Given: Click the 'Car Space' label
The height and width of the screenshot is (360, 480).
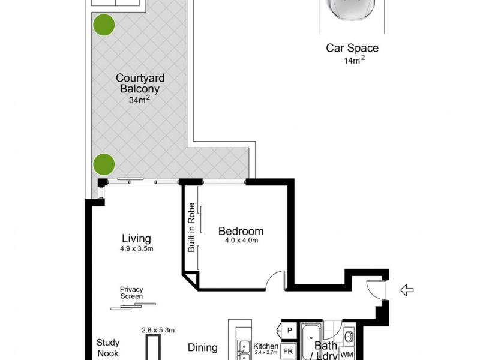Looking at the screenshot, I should (352, 49).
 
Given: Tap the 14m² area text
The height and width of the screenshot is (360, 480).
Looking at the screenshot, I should (352, 60).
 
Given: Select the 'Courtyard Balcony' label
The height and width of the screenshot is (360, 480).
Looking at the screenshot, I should (140, 83).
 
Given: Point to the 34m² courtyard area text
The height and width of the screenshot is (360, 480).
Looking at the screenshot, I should (140, 100).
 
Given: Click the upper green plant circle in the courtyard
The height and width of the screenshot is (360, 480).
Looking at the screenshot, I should (103, 25).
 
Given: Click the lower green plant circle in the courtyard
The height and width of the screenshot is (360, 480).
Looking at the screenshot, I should (103, 163).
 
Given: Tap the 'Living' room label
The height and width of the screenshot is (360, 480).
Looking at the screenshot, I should (136, 238).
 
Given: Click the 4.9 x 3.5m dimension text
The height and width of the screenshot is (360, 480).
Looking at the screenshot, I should (136, 249).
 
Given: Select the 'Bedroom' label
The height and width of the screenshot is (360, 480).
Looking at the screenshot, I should (241, 231).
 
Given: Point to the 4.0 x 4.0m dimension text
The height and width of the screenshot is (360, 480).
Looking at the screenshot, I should (241, 241).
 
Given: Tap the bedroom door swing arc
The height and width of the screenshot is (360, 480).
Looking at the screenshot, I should (277, 279).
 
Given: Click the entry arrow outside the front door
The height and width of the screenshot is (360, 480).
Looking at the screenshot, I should (407, 290).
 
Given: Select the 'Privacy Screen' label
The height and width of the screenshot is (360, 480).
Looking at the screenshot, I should (131, 292).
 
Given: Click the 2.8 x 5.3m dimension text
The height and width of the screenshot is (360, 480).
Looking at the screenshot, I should (158, 329).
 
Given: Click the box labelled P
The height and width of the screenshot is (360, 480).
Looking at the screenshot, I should (289, 330).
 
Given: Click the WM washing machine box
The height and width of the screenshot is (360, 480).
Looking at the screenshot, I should (347, 354).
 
